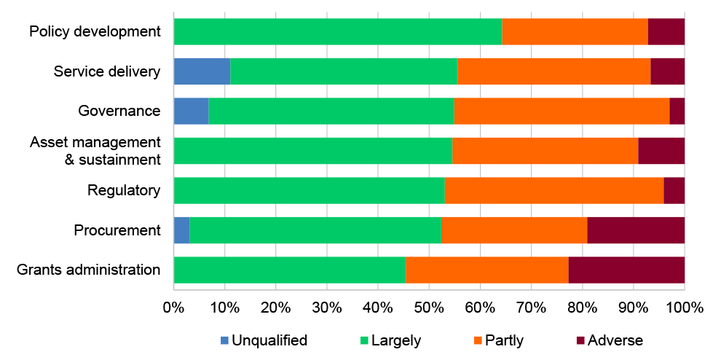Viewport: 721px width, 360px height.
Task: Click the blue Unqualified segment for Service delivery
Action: (202, 71)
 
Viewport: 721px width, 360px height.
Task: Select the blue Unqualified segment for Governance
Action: (191, 111)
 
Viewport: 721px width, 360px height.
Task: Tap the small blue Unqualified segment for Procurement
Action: (181, 230)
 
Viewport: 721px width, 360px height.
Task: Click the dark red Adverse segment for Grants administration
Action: (626, 270)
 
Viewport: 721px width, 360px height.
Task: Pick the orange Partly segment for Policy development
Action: (575, 31)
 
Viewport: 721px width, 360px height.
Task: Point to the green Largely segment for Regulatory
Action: (309, 190)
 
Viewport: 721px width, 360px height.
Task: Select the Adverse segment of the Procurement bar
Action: (636, 230)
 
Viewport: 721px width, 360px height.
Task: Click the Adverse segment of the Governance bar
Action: (677, 111)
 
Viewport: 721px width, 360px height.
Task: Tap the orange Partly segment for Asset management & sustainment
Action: (545, 151)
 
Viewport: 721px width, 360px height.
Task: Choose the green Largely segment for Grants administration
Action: (290, 270)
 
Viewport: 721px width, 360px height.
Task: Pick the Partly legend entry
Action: (503, 340)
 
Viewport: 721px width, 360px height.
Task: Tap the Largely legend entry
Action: (395, 340)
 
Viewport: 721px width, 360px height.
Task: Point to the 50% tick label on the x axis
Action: (377, 308)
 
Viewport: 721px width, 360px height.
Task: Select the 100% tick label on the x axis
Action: (684, 308)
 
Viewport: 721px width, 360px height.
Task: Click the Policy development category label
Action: (95, 31)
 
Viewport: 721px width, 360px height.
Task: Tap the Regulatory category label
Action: (123, 190)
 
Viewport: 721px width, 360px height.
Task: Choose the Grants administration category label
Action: (88, 270)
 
